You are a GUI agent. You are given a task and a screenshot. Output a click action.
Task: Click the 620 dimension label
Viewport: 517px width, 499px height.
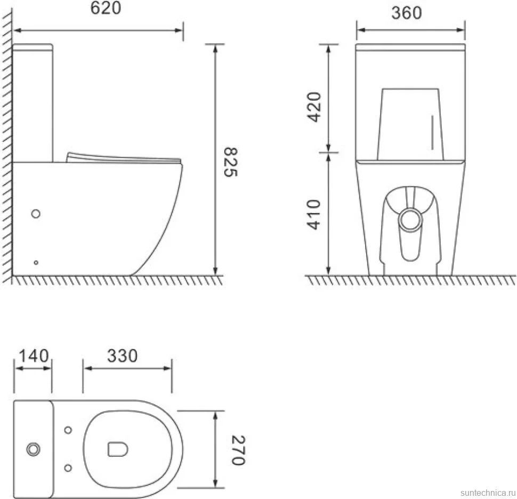[106, 8]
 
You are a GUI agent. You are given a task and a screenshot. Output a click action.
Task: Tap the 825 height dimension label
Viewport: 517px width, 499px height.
[230, 162]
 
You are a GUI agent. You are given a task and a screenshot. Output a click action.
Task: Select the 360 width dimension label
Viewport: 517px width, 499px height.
[407, 13]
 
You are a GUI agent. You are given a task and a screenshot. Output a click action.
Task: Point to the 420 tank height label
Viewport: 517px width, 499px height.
[313, 107]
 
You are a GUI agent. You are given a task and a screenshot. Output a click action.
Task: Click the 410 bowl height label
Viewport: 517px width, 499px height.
[313, 215]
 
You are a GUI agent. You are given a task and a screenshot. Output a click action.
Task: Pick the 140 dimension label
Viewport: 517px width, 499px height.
[33, 356]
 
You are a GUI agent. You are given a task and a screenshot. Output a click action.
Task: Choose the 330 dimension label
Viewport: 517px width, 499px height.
[123, 356]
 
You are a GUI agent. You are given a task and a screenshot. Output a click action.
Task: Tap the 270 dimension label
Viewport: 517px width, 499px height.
[238, 450]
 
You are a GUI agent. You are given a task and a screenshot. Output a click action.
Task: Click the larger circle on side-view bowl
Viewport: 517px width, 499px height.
[36, 214]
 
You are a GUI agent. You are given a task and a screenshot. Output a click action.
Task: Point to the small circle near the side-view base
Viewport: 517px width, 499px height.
[36, 262]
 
